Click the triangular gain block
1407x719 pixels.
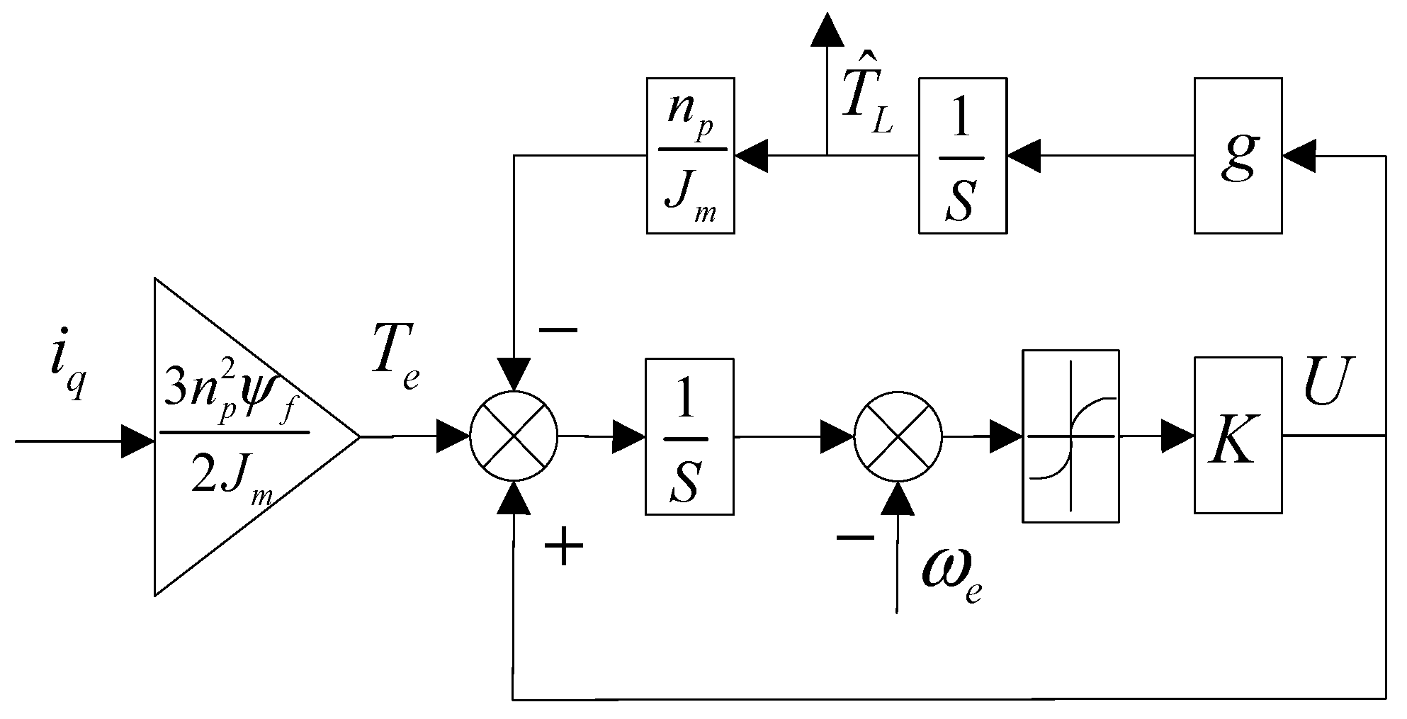click(x=234, y=437)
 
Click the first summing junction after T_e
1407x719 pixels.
click(x=514, y=435)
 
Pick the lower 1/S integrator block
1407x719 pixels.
click(x=689, y=436)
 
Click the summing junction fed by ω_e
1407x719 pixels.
click(x=898, y=435)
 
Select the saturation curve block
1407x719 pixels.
click(x=1071, y=436)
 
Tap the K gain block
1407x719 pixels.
click(x=1238, y=436)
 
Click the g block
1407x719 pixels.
click(x=1238, y=156)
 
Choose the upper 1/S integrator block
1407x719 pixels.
click(x=962, y=156)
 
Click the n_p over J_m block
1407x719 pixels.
click(x=690, y=156)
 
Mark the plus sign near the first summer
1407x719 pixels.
click(x=563, y=548)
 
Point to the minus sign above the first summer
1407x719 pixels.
click(x=558, y=330)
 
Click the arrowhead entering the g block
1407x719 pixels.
click(x=1298, y=156)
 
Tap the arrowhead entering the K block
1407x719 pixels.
click(x=1177, y=436)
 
